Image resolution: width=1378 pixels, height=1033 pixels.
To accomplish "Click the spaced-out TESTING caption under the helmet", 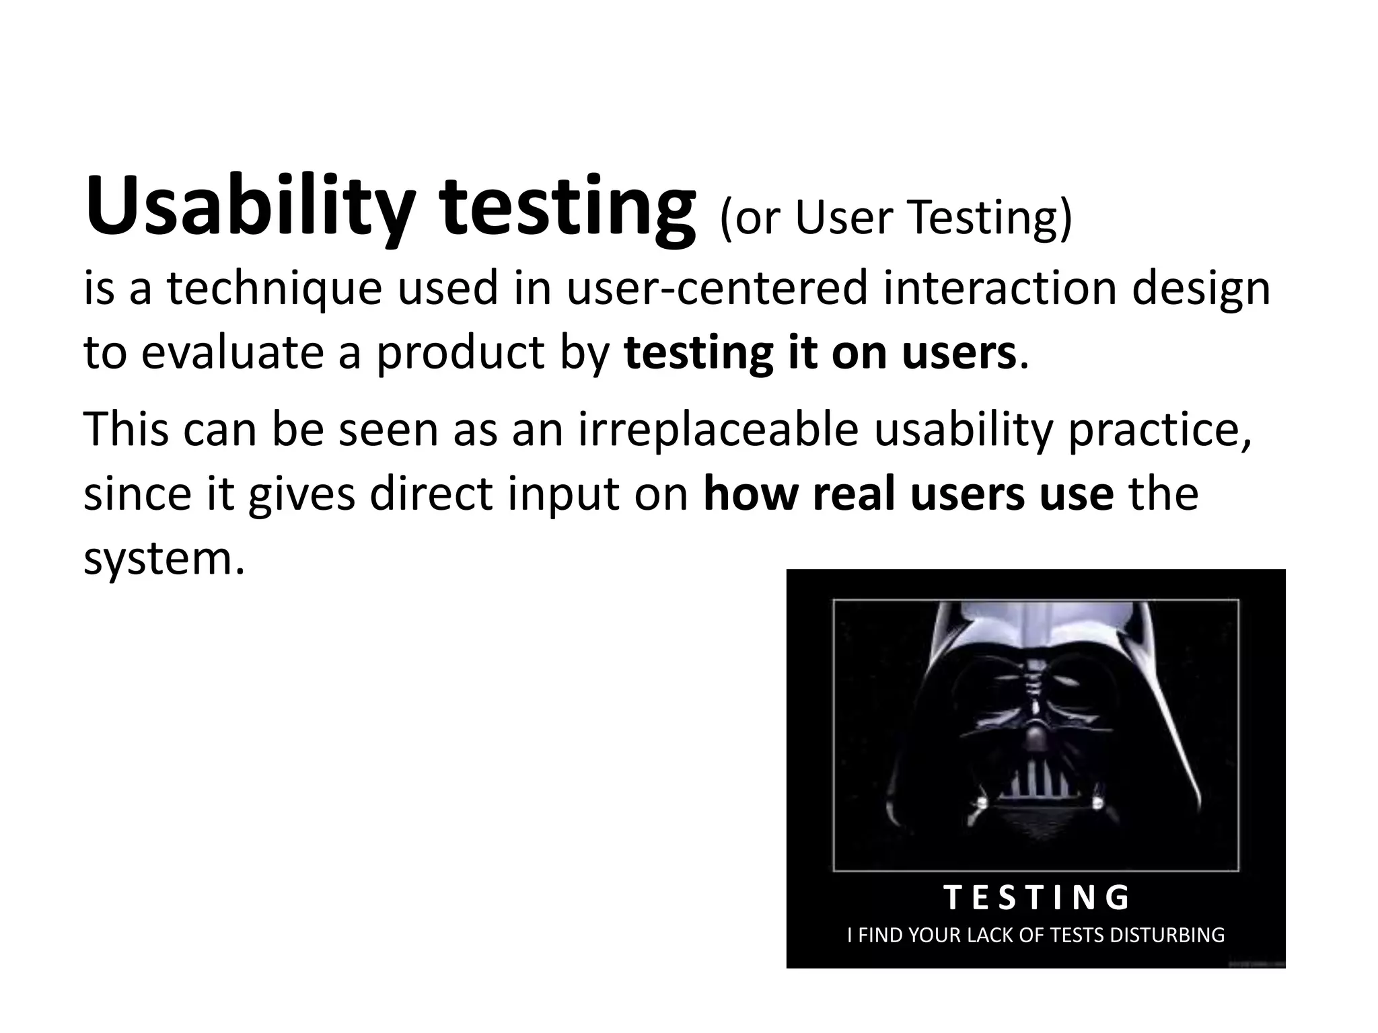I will pyautogui.click(x=1036, y=898).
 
